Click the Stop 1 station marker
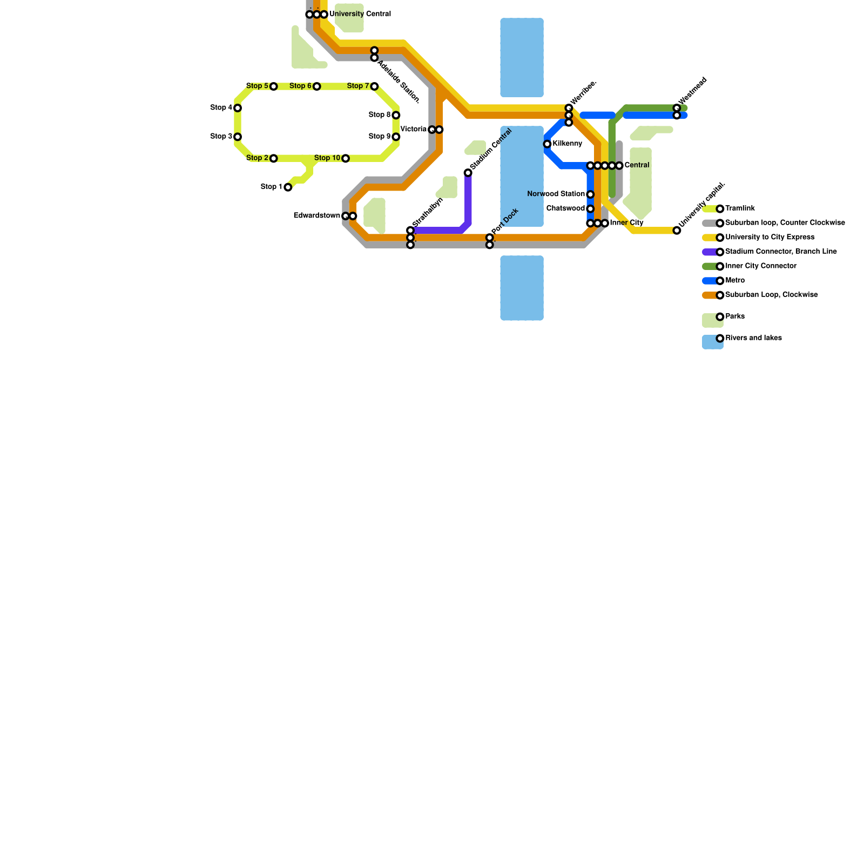pos(288,187)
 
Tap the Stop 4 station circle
pos(238,108)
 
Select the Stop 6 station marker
pos(317,86)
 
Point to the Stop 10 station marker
pos(346,158)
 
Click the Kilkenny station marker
pos(547,144)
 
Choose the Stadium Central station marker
pos(468,173)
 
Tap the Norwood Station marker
pos(590,194)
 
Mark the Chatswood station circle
pos(590,209)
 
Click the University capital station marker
pos(677,231)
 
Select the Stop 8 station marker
pos(396,115)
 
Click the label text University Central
pos(360,14)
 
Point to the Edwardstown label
pos(316,216)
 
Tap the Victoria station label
pos(413,130)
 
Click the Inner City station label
pos(626,223)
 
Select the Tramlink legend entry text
pos(740,208)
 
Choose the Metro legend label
pos(735,281)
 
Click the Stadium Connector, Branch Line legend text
pos(781,252)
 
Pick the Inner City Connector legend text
pos(761,266)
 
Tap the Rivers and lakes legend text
pos(753,338)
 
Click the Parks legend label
pos(735,316)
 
